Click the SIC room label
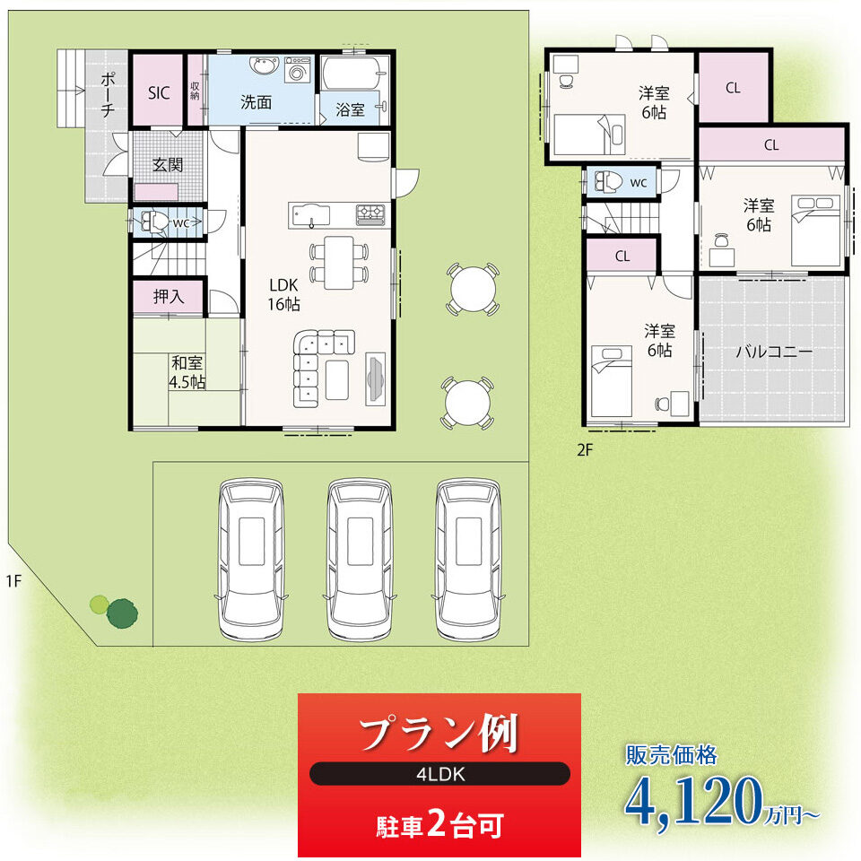tap(159, 92)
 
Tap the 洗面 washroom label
tap(256, 102)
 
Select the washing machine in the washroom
tap(298, 69)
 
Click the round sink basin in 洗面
tap(265, 65)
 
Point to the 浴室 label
tap(351, 109)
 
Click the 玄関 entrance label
tap(168, 164)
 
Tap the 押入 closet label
tap(169, 297)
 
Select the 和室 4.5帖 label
tap(187, 371)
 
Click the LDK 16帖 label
tap(284, 294)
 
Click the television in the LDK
tap(375, 378)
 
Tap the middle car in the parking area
tap(359, 559)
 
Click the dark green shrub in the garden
tap(122, 613)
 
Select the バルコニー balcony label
tap(774, 352)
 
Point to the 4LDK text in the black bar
tap(440, 774)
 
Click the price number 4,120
tap(693, 801)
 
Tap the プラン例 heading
tap(439, 734)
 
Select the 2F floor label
tap(585, 450)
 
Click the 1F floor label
tap(13, 580)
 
